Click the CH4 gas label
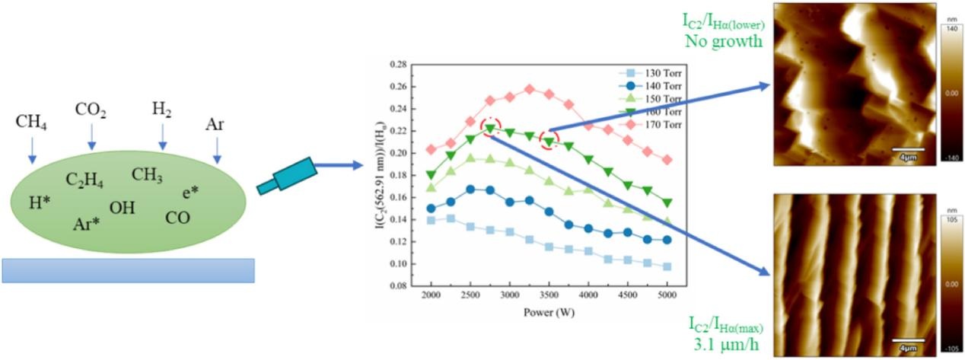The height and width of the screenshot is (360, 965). pyautogui.click(x=31, y=123)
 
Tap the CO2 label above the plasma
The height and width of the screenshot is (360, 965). pyautogui.click(x=91, y=112)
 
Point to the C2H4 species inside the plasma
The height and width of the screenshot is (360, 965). pyautogui.click(x=84, y=181)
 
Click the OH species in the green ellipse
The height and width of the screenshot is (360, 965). pyautogui.click(x=122, y=207)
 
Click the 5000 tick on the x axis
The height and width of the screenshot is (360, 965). pyautogui.click(x=667, y=295)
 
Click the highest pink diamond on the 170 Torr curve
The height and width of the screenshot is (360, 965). pyautogui.click(x=530, y=89)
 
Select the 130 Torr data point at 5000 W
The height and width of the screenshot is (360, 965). pyautogui.click(x=667, y=266)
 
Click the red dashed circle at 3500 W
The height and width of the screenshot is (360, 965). pyautogui.click(x=549, y=140)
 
